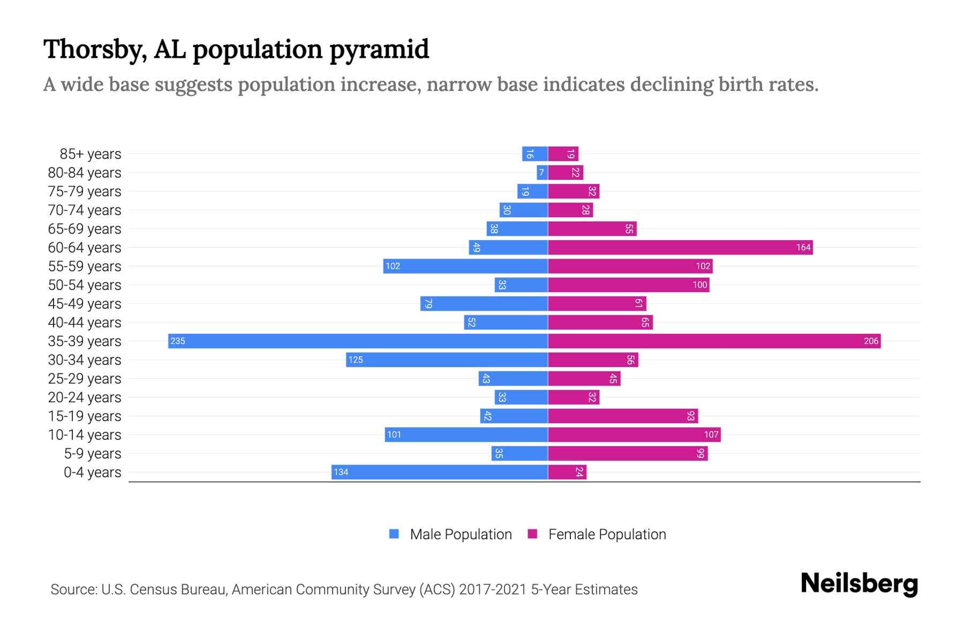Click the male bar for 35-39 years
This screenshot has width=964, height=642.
tap(358, 341)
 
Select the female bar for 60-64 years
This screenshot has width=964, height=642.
tap(680, 247)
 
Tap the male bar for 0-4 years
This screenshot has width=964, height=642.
tap(439, 472)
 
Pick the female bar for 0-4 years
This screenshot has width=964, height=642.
tap(567, 472)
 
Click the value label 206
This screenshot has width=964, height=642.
tap(871, 341)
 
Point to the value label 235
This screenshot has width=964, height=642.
tap(178, 341)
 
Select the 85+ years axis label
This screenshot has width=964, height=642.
tap(91, 154)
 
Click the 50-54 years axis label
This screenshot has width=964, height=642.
tap(85, 285)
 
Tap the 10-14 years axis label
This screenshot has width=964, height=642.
tap(85, 435)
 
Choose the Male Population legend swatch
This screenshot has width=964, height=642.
tap(394, 534)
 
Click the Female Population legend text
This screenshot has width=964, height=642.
tap(607, 534)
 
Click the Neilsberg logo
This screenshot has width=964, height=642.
tap(859, 584)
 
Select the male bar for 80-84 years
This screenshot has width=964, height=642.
tap(542, 172)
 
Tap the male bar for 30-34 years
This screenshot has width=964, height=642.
tap(447, 360)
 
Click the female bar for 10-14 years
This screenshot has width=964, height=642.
tap(634, 434)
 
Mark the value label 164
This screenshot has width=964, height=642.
tap(803, 247)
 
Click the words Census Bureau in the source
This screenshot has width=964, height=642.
tap(178, 590)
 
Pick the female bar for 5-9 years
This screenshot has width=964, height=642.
tap(628, 453)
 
